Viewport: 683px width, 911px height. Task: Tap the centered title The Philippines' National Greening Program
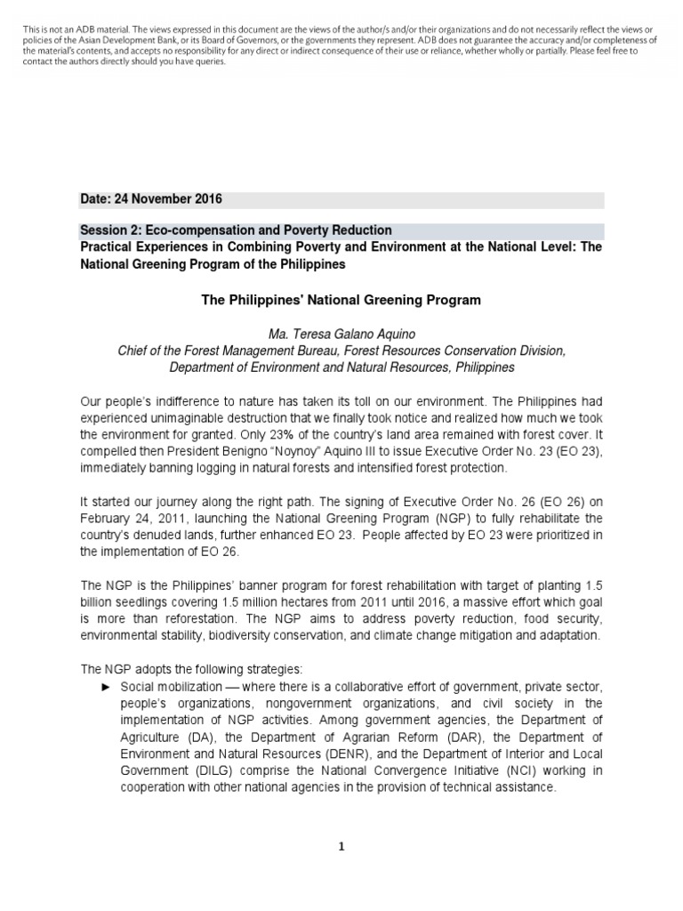point(341,300)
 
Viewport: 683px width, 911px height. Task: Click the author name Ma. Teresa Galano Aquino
point(341,335)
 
